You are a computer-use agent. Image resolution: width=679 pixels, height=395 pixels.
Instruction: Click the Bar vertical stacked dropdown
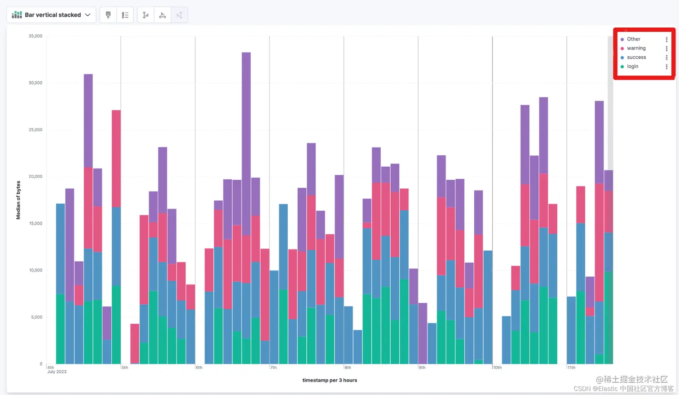[51, 15]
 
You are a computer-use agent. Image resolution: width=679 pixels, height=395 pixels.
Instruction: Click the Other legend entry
[633, 39]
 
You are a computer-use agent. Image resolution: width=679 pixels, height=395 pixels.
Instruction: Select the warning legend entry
[636, 48]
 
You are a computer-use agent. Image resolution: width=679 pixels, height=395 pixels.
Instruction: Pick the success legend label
[636, 58]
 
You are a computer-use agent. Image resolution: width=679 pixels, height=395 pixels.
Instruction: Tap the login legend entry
[632, 67]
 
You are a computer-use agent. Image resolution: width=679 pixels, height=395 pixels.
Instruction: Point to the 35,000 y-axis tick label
[35, 36]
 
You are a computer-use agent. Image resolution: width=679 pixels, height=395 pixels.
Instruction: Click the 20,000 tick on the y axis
[35, 177]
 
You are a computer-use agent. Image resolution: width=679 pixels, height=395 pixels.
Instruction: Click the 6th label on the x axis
[199, 368]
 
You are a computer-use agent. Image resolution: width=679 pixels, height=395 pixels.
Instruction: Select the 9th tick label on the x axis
[422, 368]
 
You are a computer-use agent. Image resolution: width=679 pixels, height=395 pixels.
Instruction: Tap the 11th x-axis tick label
[571, 368]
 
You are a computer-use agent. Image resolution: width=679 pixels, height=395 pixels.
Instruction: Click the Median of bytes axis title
[18, 200]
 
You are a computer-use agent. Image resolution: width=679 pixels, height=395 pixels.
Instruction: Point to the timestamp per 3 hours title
[330, 380]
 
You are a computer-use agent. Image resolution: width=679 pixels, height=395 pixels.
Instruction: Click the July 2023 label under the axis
[57, 372]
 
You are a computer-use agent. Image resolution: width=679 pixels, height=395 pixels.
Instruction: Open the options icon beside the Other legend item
[666, 40]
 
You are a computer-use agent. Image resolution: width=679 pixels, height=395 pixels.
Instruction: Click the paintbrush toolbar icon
[108, 15]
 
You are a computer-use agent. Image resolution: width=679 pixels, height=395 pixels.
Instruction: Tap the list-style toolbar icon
[125, 15]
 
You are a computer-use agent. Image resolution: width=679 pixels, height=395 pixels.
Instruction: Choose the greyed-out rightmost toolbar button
[180, 15]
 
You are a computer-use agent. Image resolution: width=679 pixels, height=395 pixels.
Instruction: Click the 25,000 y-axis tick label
[35, 130]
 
